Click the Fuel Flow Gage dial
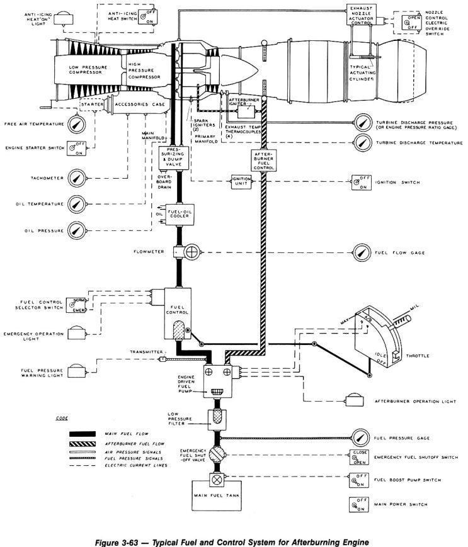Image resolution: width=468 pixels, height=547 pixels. (362, 252)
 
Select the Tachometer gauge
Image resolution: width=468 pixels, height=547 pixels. (76, 178)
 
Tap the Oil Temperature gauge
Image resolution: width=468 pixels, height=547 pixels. (76, 203)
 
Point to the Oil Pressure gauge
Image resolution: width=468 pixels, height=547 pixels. (76, 230)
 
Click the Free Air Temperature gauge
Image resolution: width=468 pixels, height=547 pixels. (76, 123)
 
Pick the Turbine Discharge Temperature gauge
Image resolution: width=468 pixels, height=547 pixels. (362, 143)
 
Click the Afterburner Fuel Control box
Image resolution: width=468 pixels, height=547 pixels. (261, 162)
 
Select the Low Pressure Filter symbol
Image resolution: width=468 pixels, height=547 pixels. (218, 419)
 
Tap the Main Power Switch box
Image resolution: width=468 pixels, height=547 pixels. (358, 504)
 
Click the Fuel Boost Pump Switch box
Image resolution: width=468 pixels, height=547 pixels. (358, 481)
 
